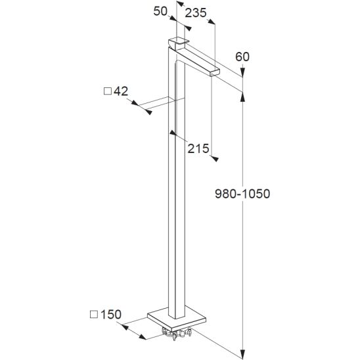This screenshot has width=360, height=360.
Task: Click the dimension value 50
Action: click(x=160, y=11)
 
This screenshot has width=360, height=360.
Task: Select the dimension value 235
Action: click(x=196, y=13)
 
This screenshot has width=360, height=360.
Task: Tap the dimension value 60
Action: click(x=242, y=56)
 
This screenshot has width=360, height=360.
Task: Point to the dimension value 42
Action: click(x=121, y=91)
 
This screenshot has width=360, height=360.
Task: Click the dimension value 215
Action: click(x=198, y=148)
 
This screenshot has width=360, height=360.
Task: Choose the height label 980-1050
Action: click(x=242, y=194)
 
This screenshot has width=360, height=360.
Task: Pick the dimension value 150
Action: click(x=111, y=314)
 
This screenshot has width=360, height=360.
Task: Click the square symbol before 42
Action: click(x=108, y=91)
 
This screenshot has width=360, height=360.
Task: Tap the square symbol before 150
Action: click(x=94, y=315)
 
